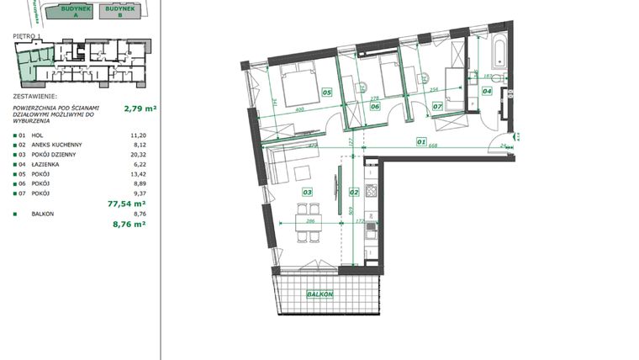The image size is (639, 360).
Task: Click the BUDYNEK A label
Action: coord(69,9)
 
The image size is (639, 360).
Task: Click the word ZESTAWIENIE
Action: coord(38,97)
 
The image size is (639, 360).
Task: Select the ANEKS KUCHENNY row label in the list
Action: coord(55,144)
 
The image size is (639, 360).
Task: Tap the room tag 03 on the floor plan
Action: coord(308,193)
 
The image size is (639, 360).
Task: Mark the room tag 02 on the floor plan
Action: coord(354,193)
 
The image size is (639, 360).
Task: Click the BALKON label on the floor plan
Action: coord(321,294)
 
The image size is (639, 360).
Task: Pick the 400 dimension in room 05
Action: coord(299,110)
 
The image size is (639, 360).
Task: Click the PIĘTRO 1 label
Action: coord(28,37)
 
